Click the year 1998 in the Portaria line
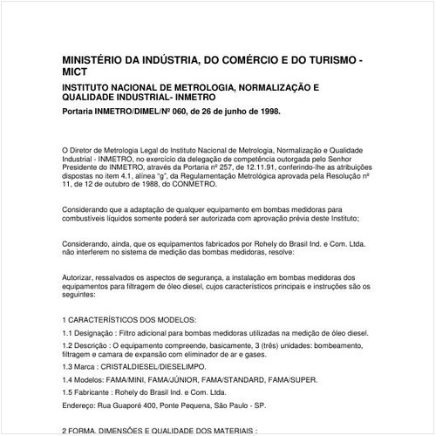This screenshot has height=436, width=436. click(x=269, y=112)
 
